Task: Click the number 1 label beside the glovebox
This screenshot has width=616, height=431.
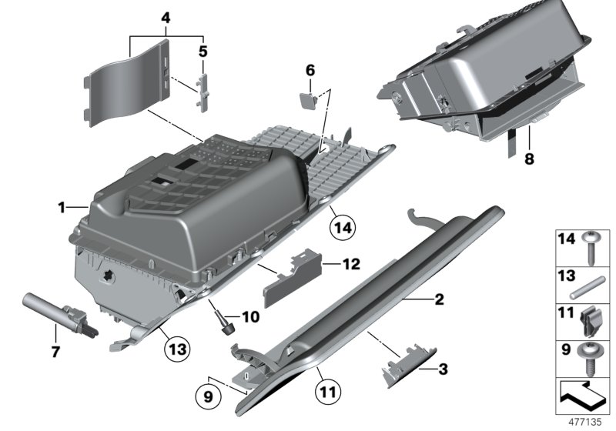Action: (61, 207)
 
